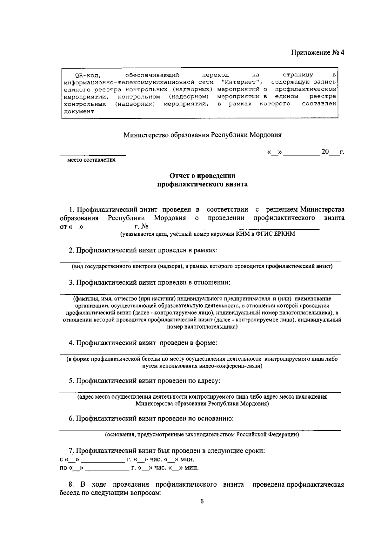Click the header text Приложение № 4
coord(318,53)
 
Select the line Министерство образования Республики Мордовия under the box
coord(203,135)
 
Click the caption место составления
coord(91,160)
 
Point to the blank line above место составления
coord(93,155)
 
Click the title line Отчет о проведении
coord(203,176)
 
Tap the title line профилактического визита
coord(203,184)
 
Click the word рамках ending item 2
coord(205,250)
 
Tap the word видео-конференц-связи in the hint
coord(233,366)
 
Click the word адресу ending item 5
coord(209,381)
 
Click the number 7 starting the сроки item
coord(71,451)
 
